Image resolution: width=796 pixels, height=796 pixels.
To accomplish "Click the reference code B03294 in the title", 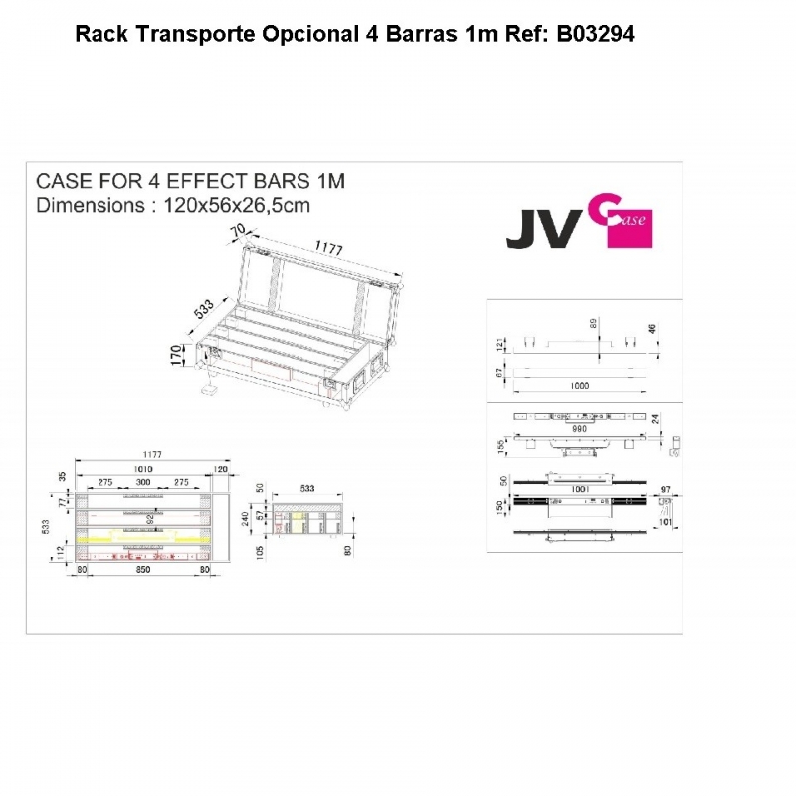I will pos(595,34).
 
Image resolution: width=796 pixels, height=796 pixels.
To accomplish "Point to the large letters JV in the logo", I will pos(543,229).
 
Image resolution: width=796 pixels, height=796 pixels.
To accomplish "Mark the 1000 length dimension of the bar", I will pos(580,384).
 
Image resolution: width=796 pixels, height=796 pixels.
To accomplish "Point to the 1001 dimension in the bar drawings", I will pos(581,490).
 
